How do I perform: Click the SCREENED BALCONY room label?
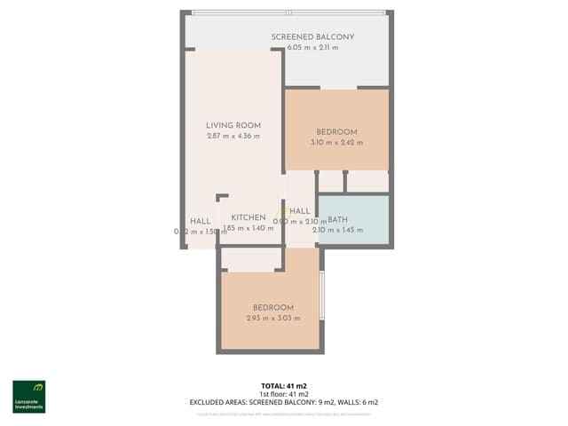(312, 36)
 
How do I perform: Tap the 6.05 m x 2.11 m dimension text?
(312, 48)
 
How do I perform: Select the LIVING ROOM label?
(233, 125)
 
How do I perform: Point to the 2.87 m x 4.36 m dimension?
(233, 137)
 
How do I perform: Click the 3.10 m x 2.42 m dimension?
(336, 143)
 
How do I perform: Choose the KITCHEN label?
(248, 217)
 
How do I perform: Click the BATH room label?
(338, 220)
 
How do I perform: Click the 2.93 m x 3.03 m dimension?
(273, 319)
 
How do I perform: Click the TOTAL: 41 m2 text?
(284, 386)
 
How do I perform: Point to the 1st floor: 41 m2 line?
(284, 394)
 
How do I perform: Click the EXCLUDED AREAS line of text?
(284, 402)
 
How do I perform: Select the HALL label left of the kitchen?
(201, 221)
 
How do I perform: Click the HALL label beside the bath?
(300, 211)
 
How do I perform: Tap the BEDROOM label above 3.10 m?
(336, 131)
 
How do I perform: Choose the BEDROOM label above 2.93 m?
(273, 307)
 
